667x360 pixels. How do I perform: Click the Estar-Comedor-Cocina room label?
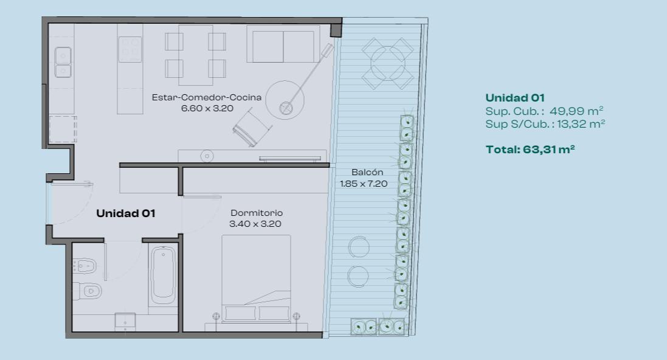(206, 97)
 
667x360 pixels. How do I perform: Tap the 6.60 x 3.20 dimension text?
(207, 108)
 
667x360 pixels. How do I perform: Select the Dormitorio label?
(257, 213)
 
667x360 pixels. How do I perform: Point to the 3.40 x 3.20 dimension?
(255, 224)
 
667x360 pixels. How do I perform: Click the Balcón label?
(367, 172)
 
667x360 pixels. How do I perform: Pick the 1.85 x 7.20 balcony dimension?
(364, 184)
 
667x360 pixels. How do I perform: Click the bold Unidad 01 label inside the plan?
(125, 213)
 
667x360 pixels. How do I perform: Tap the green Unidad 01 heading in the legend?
(515, 98)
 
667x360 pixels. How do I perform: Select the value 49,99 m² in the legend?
(576, 111)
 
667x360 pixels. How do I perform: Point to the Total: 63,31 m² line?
(530, 150)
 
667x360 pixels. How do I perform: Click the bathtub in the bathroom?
(164, 274)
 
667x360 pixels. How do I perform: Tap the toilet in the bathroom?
(87, 291)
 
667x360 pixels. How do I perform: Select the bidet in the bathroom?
(85, 266)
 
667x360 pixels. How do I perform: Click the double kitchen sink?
(63, 63)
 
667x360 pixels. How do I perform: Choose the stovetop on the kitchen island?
(130, 49)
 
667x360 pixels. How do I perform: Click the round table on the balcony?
(387, 64)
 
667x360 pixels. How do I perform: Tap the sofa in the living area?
(283, 44)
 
